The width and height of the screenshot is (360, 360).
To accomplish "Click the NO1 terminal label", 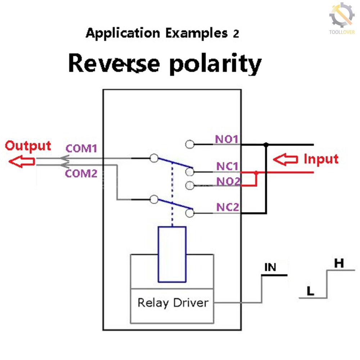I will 227,139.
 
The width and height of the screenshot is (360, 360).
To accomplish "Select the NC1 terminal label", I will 227,166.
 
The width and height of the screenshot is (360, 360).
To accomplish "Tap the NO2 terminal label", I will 228,181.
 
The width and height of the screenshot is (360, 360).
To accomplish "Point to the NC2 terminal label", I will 228,207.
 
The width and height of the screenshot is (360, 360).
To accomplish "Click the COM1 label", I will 81,148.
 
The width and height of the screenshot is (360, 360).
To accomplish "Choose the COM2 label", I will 81,174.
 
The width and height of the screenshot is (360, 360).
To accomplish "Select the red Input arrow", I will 285,159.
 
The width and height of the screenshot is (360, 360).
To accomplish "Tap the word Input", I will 321,159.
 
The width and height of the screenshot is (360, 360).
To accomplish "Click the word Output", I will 28,146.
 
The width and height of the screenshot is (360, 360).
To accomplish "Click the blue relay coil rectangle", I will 172,254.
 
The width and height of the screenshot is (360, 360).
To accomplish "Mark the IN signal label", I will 270,267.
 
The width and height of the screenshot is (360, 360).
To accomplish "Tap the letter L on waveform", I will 310,291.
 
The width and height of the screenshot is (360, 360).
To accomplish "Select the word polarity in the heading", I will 215,64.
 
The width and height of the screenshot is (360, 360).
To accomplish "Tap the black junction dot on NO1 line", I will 266,145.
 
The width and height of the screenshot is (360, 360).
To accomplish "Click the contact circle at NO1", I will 190,145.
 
